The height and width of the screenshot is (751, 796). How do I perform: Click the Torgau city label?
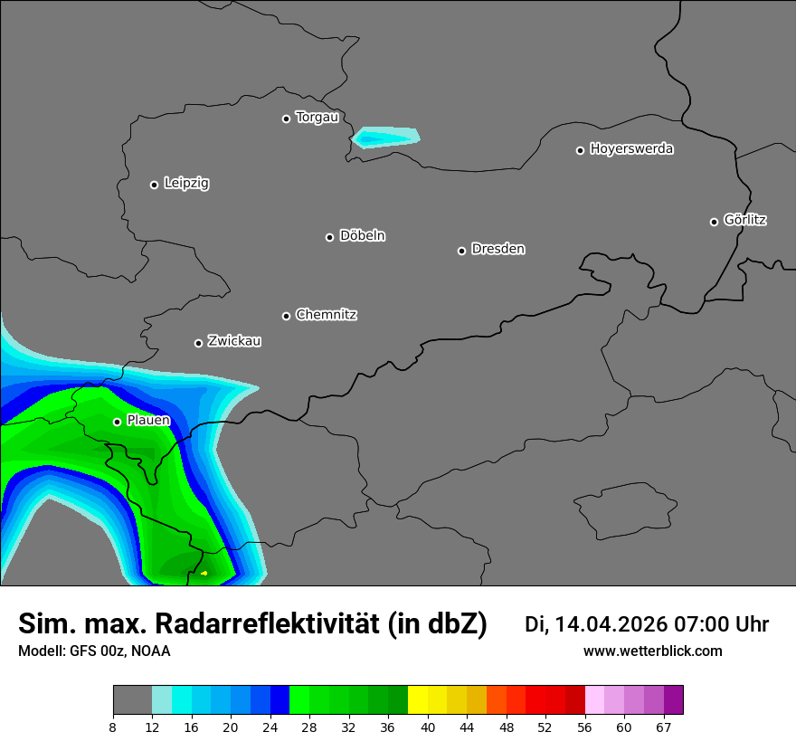pyautogui.click(x=317, y=118)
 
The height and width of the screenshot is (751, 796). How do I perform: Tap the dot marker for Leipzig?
pyautogui.click(x=154, y=185)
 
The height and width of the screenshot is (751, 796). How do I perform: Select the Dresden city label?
pyautogui.click(x=497, y=249)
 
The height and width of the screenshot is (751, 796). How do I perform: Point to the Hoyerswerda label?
pyautogui.click(x=631, y=149)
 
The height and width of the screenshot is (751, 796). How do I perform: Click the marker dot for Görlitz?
pyautogui.click(x=714, y=222)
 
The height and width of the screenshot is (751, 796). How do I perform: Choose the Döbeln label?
pyautogui.click(x=362, y=236)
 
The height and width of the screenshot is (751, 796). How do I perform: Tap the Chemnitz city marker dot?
pyautogui.click(x=286, y=316)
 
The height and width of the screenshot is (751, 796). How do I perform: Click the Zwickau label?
pyautogui.click(x=234, y=341)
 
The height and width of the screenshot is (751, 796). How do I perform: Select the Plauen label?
pyautogui.click(x=148, y=421)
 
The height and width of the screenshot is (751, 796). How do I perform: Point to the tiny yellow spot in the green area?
pyautogui.click(x=204, y=573)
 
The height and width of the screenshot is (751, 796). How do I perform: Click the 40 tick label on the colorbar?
pyautogui.click(x=428, y=727)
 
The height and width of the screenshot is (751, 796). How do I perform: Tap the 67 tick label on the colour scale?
pyautogui.click(x=664, y=727)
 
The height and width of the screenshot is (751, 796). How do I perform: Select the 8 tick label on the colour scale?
pyautogui.click(x=113, y=727)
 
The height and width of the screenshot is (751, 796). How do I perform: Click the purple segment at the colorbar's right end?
pyautogui.click(x=673, y=700)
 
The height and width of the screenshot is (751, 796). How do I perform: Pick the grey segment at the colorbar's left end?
pyautogui.click(x=132, y=700)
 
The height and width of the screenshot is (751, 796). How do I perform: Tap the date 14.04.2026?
pyautogui.click(x=611, y=624)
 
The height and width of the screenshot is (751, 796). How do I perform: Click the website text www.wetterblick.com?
pyautogui.click(x=652, y=651)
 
